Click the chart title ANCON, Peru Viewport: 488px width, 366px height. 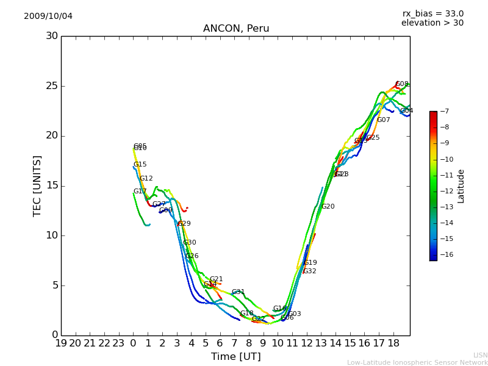(235, 29)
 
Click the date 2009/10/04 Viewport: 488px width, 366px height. (48, 16)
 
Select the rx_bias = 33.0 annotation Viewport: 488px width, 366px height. (432, 13)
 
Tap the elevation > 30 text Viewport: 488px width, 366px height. (432, 23)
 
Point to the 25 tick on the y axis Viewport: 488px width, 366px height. (51, 86)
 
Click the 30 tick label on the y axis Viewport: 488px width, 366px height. (51, 36)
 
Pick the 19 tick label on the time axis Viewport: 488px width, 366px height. (61, 343)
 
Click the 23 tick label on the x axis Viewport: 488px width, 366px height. (119, 343)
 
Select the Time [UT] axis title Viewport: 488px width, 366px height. (235, 356)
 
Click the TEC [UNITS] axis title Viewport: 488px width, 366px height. (38, 185)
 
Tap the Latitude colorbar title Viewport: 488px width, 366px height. (461, 185)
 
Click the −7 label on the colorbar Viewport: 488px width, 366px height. (443, 111)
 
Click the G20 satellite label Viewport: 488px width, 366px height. (328, 207)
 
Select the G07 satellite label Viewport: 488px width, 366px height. (383, 120)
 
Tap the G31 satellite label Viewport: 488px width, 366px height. (238, 292)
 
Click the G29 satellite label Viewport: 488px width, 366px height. (184, 224)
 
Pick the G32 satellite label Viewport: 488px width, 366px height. (310, 271)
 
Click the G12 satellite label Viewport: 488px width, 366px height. (146, 179)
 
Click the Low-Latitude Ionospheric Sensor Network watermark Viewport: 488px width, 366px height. (417, 362)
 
